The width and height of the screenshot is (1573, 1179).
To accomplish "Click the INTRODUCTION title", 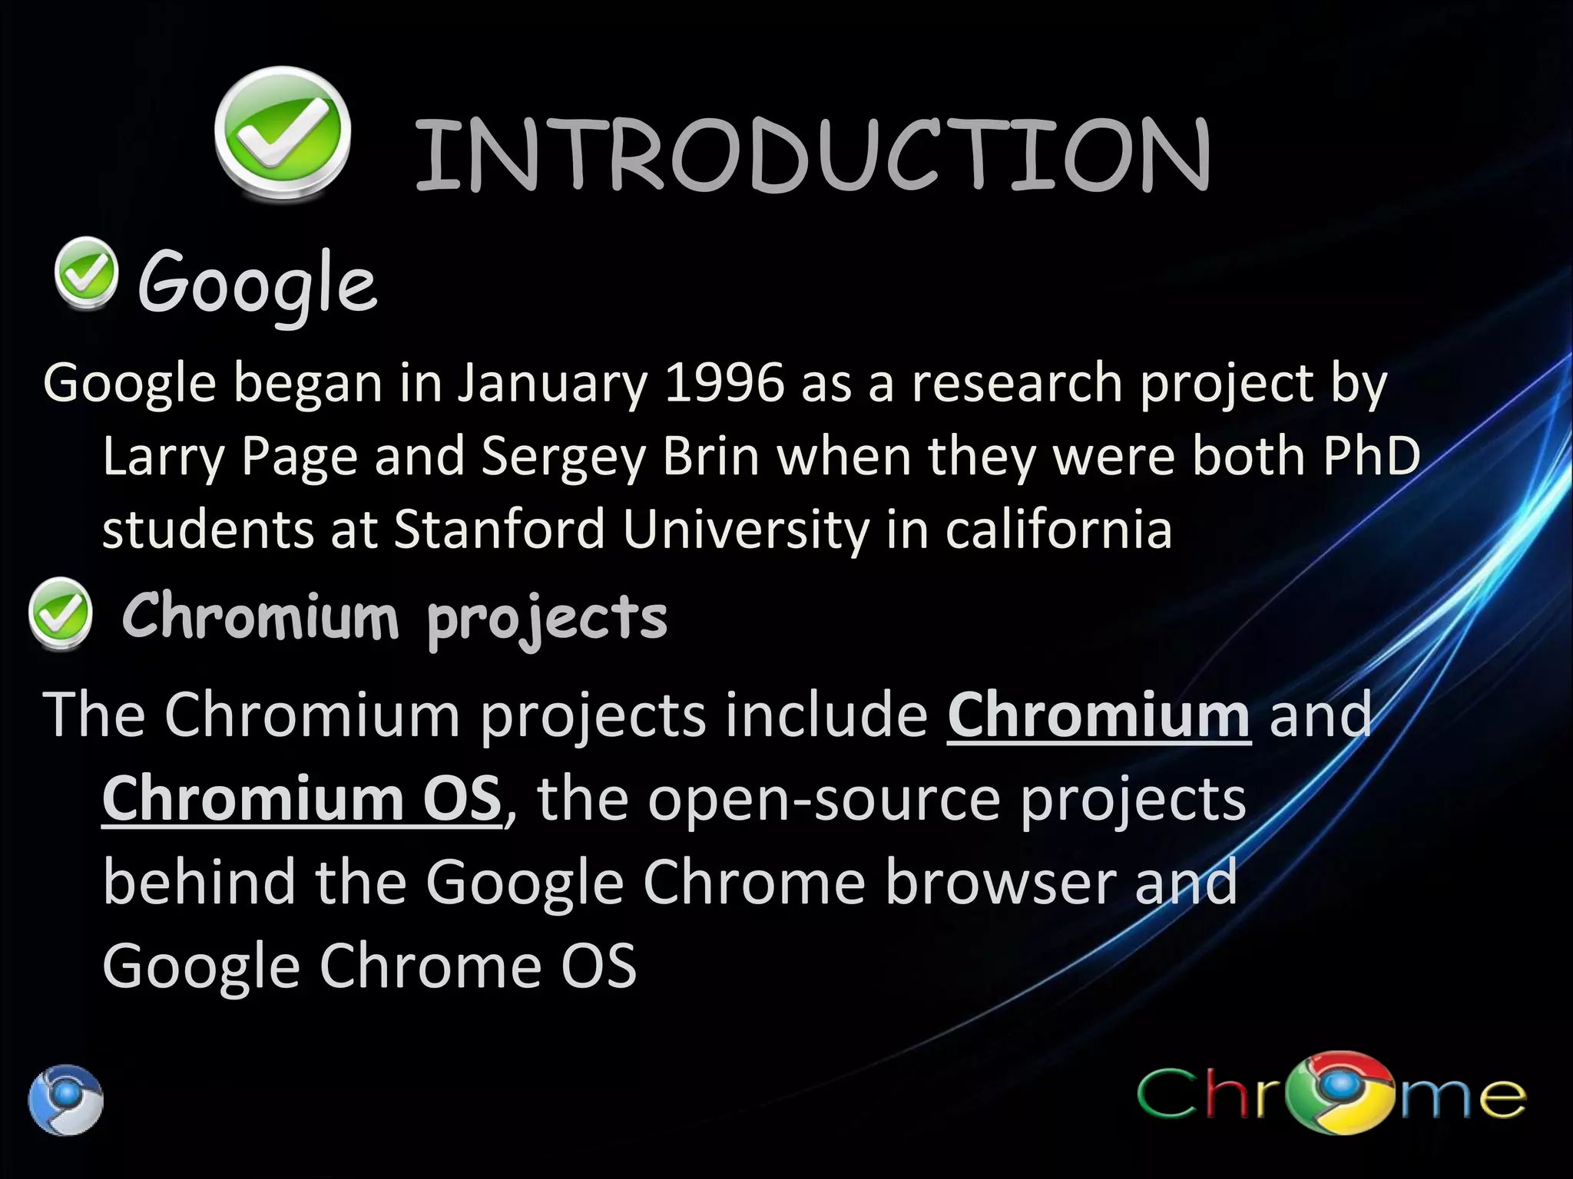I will [x=813, y=156].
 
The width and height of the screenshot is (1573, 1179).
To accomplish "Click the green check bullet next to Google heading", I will [x=87, y=273].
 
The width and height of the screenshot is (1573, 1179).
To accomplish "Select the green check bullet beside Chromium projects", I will [x=60, y=613].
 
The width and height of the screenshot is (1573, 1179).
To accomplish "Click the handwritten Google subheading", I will [x=257, y=285].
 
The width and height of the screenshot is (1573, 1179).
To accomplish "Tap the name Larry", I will [x=162, y=457].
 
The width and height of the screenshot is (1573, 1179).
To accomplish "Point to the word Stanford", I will [x=499, y=530].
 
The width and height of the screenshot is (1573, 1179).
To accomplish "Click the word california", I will [x=1058, y=530].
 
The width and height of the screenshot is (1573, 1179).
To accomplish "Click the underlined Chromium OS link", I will [x=301, y=799].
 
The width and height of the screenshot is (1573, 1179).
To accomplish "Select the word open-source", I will [x=824, y=799].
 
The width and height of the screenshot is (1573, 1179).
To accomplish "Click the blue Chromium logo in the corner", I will [x=66, y=1099].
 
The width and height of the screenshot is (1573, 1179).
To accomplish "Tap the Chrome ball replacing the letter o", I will [x=1345, y=1091].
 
